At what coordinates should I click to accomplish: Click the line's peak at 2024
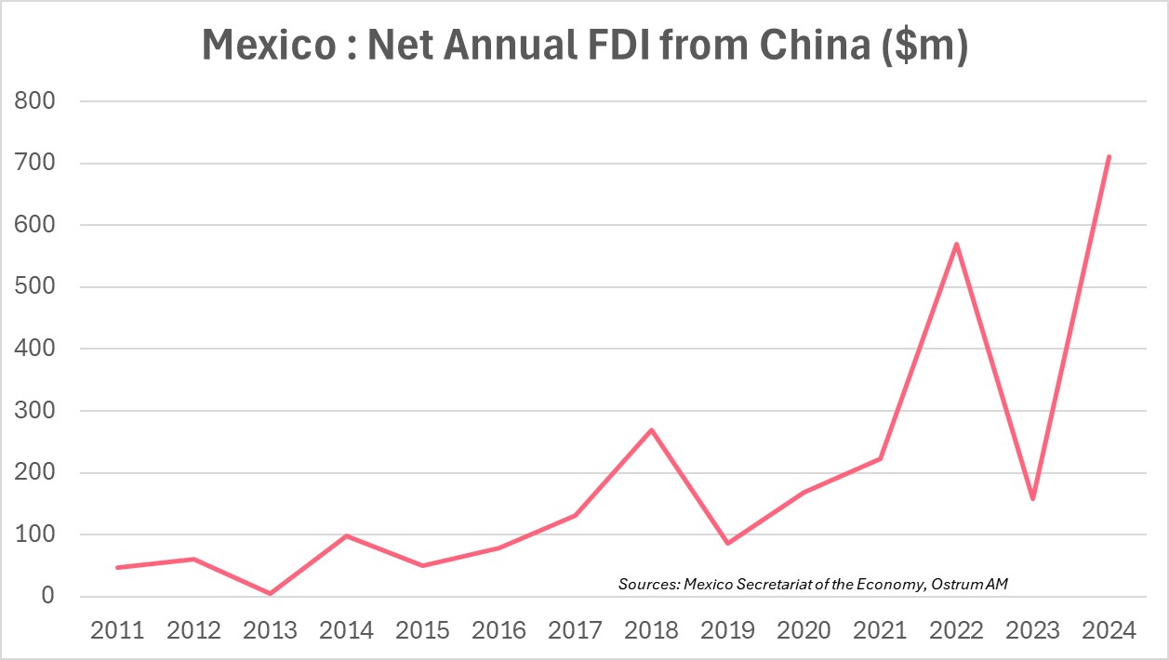(x=1109, y=157)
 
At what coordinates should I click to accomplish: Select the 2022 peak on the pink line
(x=956, y=244)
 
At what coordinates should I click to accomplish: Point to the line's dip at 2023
(x=1032, y=499)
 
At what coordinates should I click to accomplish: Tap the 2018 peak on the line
(x=651, y=429)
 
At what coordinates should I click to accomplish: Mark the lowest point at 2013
(x=270, y=593)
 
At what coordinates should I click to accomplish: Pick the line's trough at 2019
(x=727, y=543)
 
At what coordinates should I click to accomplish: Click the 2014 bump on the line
(x=346, y=535)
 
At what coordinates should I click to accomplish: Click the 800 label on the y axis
(x=37, y=101)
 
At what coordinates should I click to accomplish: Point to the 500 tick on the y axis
(x=37, y=287)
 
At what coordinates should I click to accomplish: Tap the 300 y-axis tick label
(x=37, y=411)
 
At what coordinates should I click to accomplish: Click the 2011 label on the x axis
(x=117, y=630)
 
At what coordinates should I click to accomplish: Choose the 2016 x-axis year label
(x=498, y=630)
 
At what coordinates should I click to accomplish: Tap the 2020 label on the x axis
(x=804, y=630)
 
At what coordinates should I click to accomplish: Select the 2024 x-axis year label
(x=1109, y=630)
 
